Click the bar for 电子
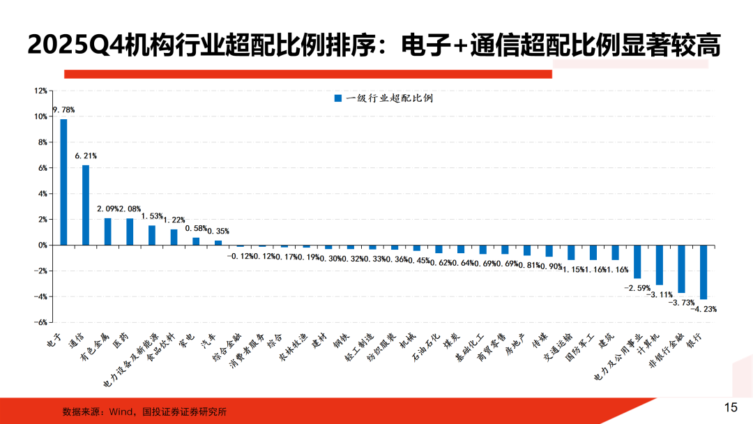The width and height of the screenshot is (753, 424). click(63, 182)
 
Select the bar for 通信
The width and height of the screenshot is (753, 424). click(86, 205)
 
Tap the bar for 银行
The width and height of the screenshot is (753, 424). click(703, 272)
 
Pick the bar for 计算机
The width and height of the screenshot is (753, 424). click(660, 265)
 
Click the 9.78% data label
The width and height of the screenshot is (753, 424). click(63, 110)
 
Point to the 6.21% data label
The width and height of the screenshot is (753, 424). click(86, 156)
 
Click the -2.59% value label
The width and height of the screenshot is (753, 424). click(637, 287)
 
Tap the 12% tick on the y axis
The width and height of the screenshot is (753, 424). click(40, 91)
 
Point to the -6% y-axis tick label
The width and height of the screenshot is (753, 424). click(40, 323)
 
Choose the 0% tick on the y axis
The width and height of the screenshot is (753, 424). click(42, 245)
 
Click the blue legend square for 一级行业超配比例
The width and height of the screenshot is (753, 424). click(338, 98)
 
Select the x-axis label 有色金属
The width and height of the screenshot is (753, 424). click(96, 347)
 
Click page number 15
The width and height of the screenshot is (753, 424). click(731, 407)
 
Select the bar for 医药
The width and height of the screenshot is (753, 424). click(130, 232)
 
